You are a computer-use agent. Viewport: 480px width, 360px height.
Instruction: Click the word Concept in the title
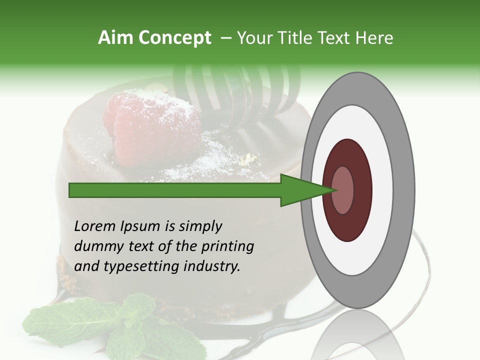point(174,38)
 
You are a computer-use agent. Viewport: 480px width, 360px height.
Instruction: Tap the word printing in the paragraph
point(227,247)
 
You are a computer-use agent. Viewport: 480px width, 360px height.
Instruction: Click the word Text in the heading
point(334,38)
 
